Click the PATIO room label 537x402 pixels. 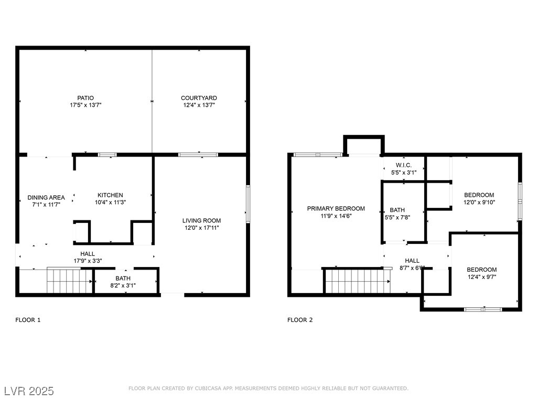[x=85, y=98]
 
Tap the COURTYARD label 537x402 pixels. [x=199, y=98]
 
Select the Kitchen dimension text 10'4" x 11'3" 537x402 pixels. [x=110, y=203]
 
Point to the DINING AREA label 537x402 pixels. [x=46, y=197]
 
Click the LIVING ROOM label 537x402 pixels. [x=201, y=220]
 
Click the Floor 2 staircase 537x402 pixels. [x=357, y=281]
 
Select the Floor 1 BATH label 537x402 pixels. [x=123, y=278]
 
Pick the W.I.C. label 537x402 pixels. [x=404, y=165]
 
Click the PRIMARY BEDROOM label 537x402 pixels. [x=336, y=208]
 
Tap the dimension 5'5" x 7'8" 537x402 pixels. [x=398, y=217]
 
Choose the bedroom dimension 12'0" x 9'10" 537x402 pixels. [x=479, y=203]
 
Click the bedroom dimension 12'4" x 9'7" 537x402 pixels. [x=482, y=277]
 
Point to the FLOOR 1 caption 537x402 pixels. [x=28, y=320]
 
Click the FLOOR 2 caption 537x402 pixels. [x=300, y=320]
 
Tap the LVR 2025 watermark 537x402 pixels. [x=29, y=391]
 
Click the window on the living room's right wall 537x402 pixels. [x=248, y=205]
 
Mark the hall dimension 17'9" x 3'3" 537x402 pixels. [x=88, y=261]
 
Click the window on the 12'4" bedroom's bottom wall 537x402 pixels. [x=483, y=310]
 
